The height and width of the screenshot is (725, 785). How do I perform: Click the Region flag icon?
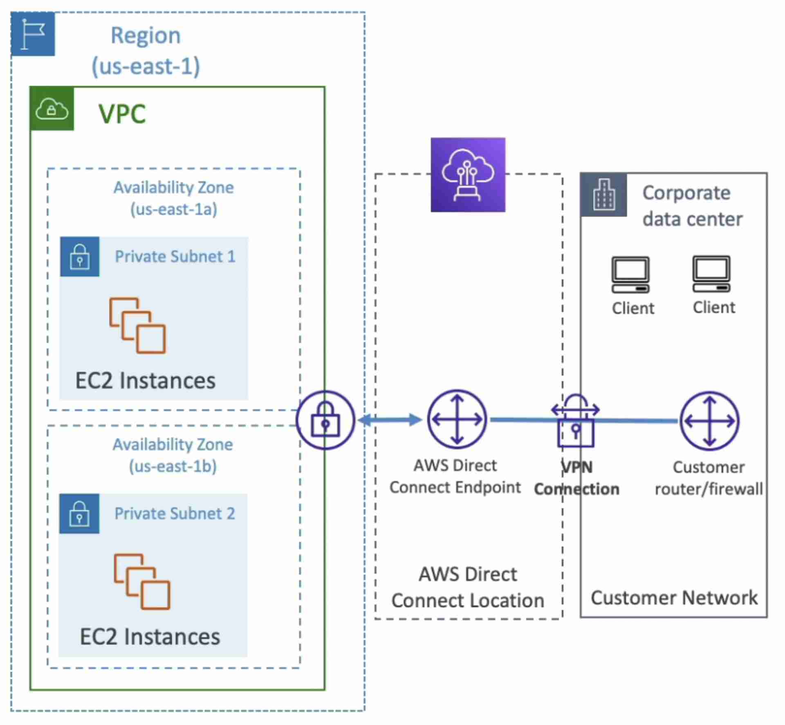tap(33, 34)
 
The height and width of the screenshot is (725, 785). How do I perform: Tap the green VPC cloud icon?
tap(52, 109)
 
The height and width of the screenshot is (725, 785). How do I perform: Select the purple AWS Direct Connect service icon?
tap(468, 175)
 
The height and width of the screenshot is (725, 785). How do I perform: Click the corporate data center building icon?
tap(603, 195)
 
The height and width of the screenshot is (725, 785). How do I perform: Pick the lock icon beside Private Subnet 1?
tap(80, 257)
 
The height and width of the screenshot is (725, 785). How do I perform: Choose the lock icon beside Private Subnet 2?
tap(79, 513)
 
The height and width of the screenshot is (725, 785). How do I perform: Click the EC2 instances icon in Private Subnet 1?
tap(137, 325)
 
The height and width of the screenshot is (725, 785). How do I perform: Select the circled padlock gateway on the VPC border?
tap(325, 420)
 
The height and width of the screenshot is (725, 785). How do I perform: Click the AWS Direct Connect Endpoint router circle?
tap(457, 419)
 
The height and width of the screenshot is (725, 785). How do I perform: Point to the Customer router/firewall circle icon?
tap(710, 421)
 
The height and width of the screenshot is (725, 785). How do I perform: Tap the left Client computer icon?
tap(630, 275)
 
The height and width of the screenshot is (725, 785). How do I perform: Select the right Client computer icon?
tap(711, 274)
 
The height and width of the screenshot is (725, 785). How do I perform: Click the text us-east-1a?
tap(174, 210)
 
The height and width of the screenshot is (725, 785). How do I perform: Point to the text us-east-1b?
tap(173, 466)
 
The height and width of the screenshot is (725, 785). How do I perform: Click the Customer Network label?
tap(674, 598)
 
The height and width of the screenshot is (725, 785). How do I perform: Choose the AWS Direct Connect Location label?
tap(468, 587)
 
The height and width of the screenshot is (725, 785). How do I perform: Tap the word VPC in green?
tap(122, 114)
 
